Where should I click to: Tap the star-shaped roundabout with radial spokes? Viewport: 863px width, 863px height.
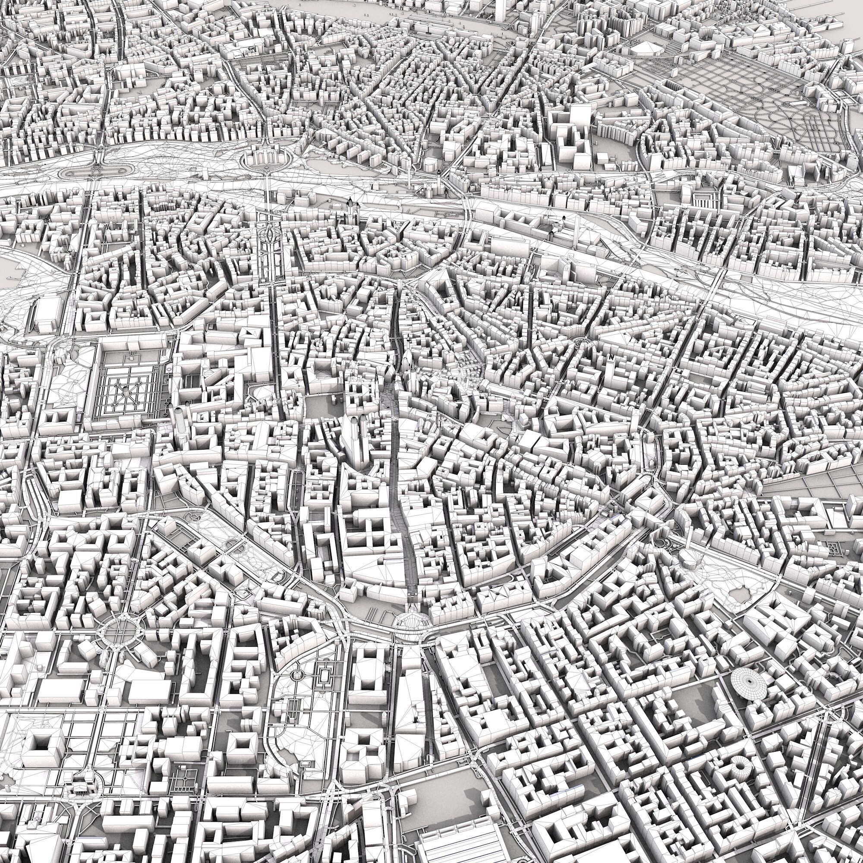[119, 629]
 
